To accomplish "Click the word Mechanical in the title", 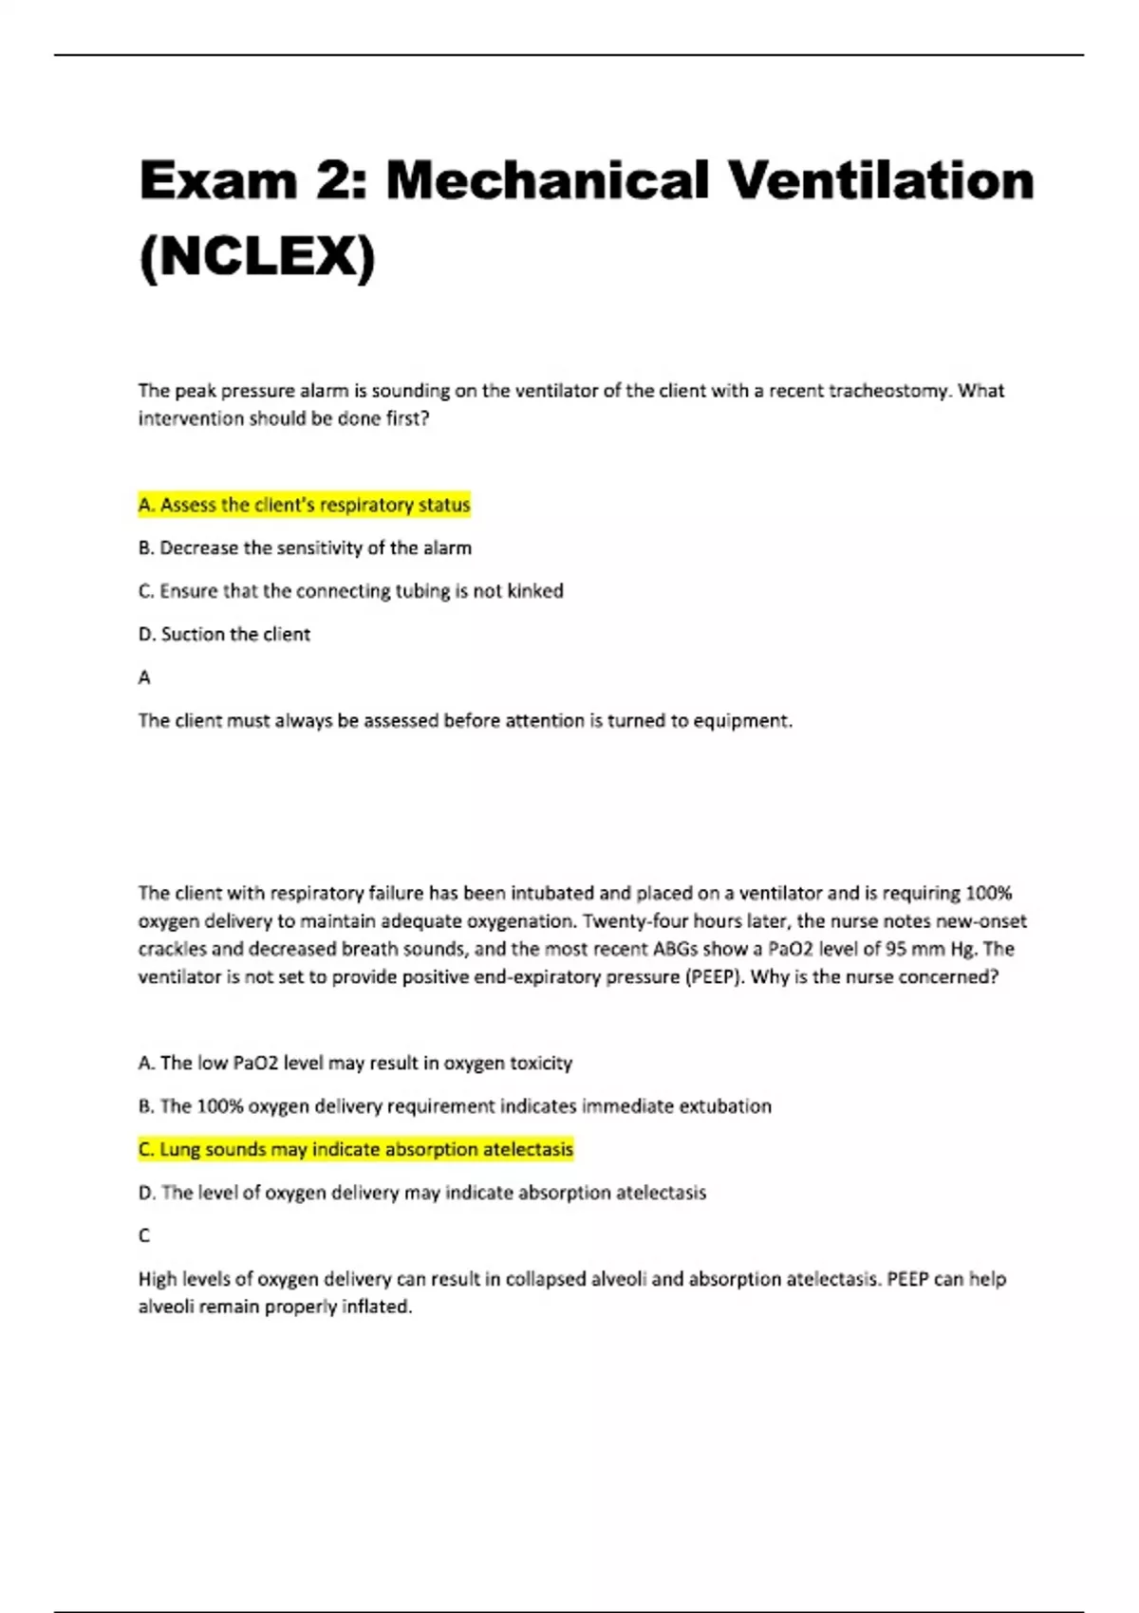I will pyautogui.click(x=547, y=180).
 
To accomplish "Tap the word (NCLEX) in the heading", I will pyautogui.click(x=257, y=256).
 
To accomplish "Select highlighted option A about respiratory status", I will pyautogui.click(x=304, y=505).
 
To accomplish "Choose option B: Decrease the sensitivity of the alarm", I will pyautogui.click(x=305, y=547).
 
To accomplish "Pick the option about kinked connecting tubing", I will pyautogui.click(x=350, y=591).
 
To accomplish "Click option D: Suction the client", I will pyautogui.click(x=224, y=634).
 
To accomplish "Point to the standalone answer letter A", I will pyautogui.click(x=144, y=677).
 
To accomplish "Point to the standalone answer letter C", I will pyautogui.click(x=144, y=1235).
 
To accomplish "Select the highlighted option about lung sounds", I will pyautogui.click(x=356, y=1149).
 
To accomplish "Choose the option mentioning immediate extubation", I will pyautogui.click(x=455, y=1106).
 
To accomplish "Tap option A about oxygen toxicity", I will pyautogui.click(x=355, y=1063).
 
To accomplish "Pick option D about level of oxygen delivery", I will pyautogui.click(x=422, y=1193).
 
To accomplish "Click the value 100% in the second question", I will pyautogui.click(x=988, y=893).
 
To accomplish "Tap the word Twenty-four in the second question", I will pyautogui.click(x=629, y=921).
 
